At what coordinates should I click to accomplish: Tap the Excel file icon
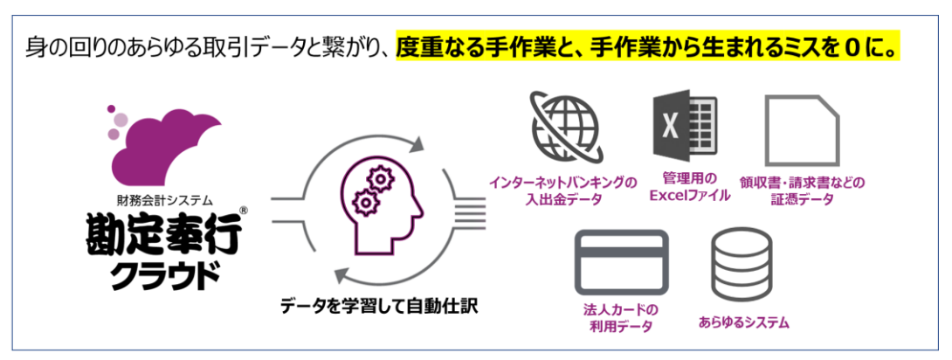pyautogui.click(x=686, y=128)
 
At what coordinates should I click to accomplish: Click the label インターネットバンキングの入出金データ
pyautogui.click(x=559, y=190)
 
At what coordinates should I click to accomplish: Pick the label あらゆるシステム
pyautogui.click(x=743, y=322)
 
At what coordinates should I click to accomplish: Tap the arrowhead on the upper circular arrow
pyautogui.click(x=424, y=142)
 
